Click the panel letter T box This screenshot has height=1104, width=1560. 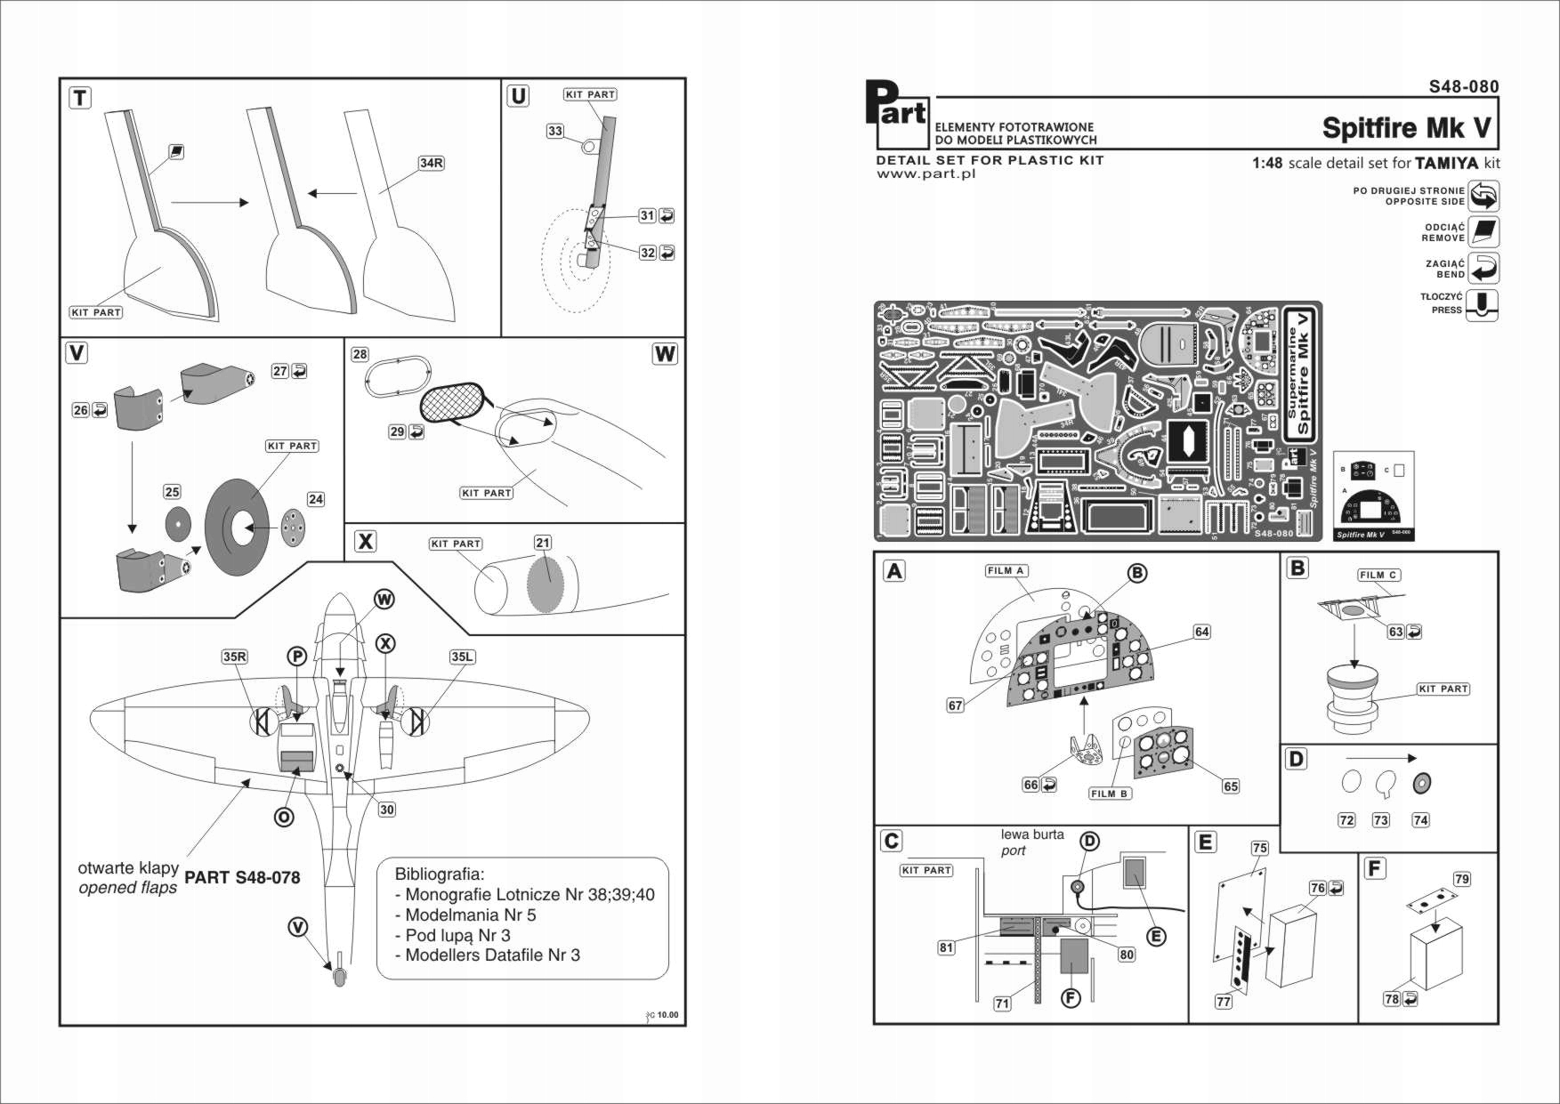click(80, 98)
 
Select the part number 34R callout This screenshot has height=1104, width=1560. click(432, 163)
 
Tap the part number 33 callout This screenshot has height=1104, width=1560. click(555, 131)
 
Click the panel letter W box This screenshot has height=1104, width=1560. click(665, 353)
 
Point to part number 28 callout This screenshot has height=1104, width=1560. click(360, 354)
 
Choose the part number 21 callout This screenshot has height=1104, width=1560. click(543, 543)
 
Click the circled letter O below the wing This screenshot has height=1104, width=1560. click(284, 817)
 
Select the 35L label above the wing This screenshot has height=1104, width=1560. click(462, 657)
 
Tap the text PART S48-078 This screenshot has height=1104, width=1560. click(242, 877)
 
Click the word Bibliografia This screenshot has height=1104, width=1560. click(440, 874)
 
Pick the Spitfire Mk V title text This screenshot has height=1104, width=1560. click(1406, 128)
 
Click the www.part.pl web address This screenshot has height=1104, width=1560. click(925, 174)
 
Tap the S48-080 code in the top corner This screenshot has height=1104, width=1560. click(1464, 86)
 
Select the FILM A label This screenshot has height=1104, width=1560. click(1006, 571)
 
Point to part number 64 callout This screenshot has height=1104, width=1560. click(1202, 632)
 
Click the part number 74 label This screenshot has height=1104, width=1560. click(1420, 820)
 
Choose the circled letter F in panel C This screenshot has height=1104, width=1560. click(1071, 998)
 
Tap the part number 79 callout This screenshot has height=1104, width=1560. click(1462, 879)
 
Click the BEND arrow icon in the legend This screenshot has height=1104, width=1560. click(1483, 268)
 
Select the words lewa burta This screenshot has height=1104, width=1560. click(1032, 834)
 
